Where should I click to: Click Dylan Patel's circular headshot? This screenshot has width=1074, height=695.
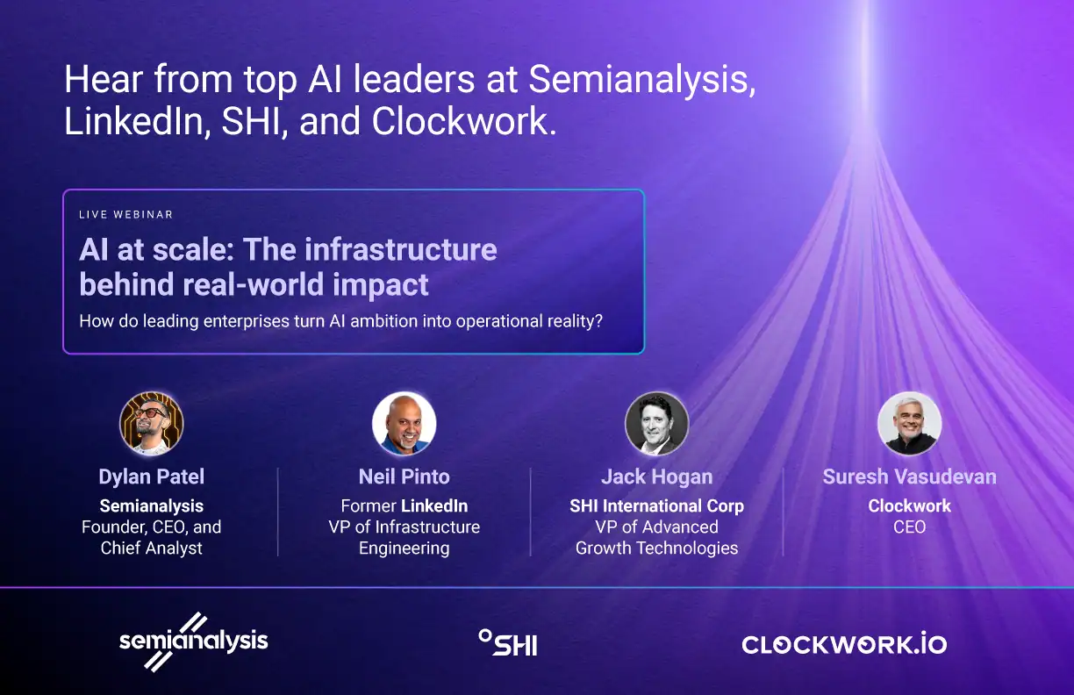point(152,424)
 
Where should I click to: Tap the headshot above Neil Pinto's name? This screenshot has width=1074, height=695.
point(405,424)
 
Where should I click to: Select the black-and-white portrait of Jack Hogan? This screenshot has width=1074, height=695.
point(657,424)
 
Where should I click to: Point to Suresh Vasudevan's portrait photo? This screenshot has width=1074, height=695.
point(910,424)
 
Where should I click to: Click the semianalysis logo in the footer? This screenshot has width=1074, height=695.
point(193,641)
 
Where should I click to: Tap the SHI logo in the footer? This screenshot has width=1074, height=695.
point(508,642)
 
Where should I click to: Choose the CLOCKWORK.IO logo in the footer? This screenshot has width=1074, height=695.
point(844,645)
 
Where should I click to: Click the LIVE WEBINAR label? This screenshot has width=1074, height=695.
point(125,214)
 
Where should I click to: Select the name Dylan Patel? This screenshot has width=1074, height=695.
point(152,476)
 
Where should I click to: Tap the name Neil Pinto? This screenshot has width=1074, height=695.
point(405,476)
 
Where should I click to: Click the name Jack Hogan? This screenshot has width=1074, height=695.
point(657,476)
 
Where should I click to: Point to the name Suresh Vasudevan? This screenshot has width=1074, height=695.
point(910,476)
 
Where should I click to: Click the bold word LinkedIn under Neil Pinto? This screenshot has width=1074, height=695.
point(434,506)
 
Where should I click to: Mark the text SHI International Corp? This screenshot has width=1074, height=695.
point(657,506)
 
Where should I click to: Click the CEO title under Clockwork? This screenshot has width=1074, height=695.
point(910,527)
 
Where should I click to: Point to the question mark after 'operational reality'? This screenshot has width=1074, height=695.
point(598,321)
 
